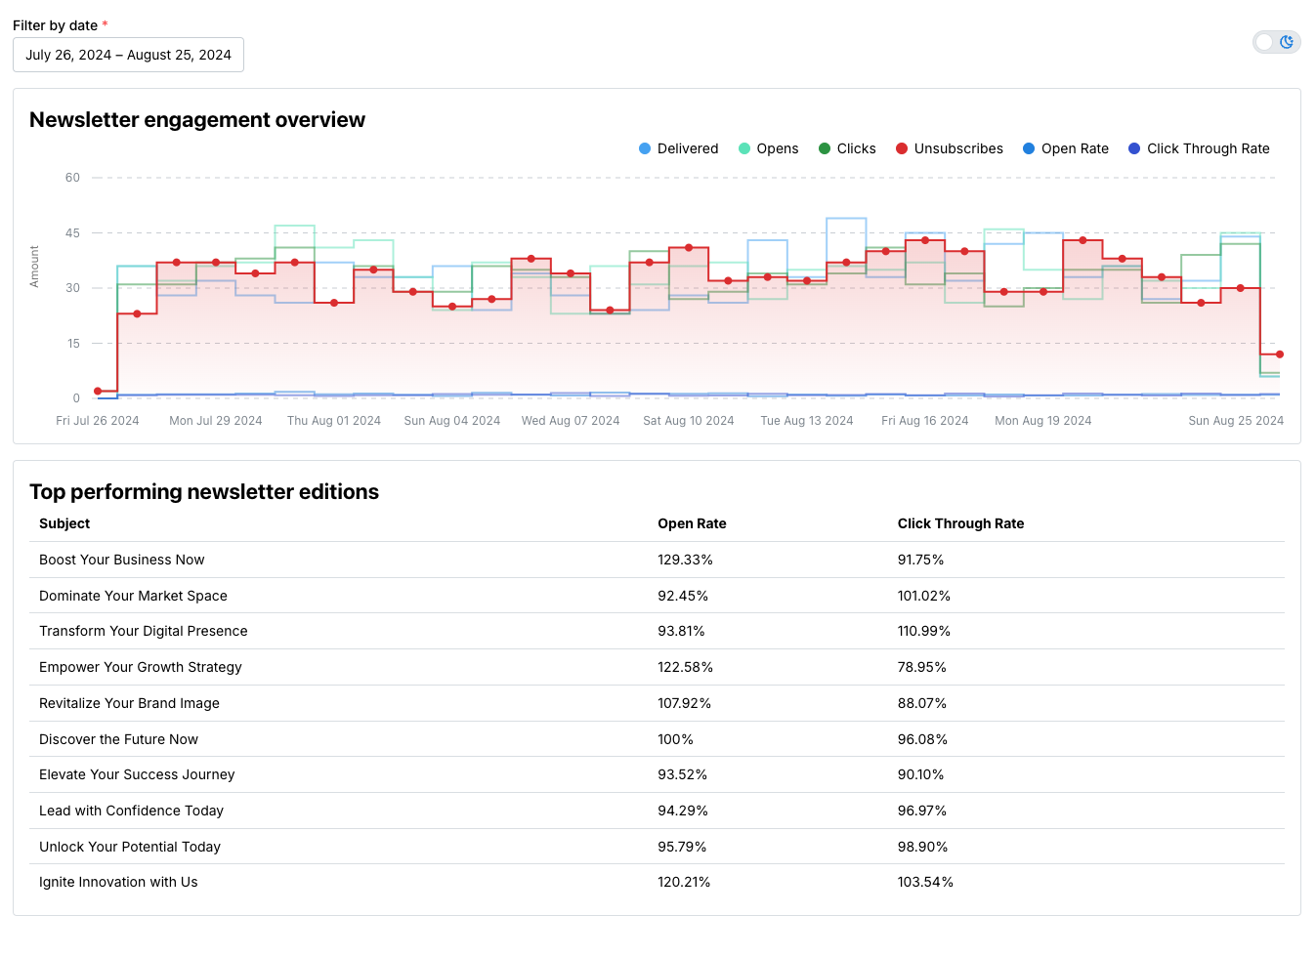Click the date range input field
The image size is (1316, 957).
[128, 55]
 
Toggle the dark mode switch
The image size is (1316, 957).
[1276, 42]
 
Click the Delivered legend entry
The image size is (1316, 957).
[678, 148]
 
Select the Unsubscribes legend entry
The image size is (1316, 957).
[949, 148]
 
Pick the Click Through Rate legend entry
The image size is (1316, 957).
[1199, 148]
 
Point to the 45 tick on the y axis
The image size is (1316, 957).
[72, 233]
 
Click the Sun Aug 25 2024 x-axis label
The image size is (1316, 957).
[1235, 421]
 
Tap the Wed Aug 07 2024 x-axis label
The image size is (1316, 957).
[571, 421]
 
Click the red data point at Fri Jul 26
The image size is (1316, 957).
[98, 392]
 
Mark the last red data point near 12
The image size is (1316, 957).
[1280, 354]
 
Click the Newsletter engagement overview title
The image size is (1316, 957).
[197, 120]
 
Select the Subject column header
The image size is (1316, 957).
[64, 523]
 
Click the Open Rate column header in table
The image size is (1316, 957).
[692, 523]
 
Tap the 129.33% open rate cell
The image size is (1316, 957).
[685, 560]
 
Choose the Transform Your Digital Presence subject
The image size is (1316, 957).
[144, 631]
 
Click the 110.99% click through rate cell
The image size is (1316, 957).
[923, 631]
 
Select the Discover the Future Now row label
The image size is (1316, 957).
[118, 739]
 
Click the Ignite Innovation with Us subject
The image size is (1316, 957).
[118, 882]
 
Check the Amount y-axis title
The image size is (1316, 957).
[34, 266]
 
